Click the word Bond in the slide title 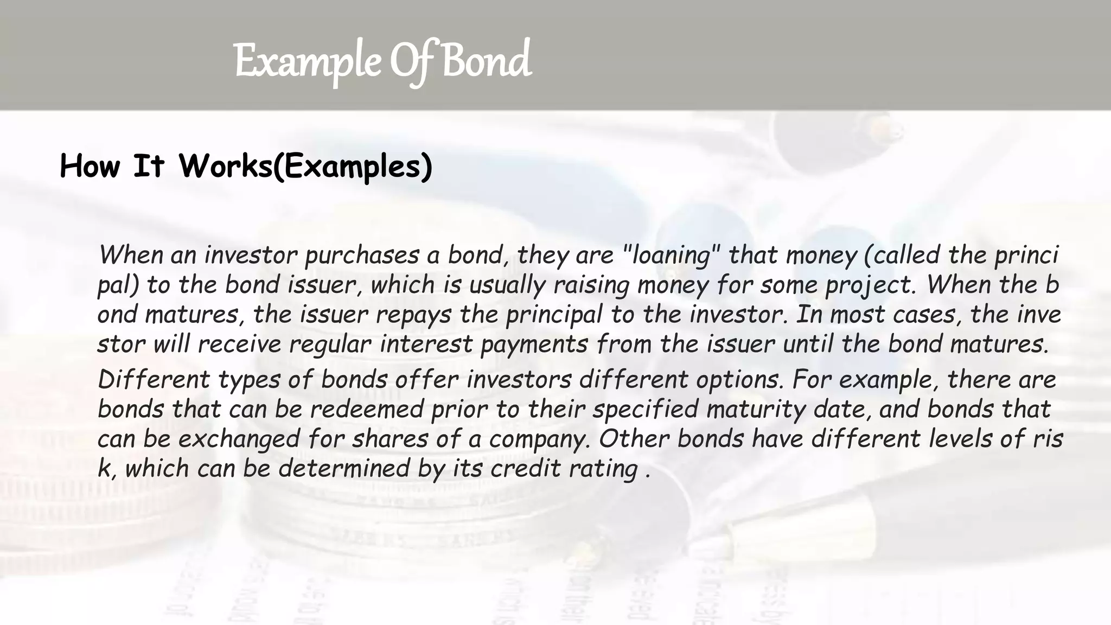tap(487, 61)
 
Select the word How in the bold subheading tap(90, 166)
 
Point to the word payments tap(534, 345)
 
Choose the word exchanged tap(239, 439)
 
